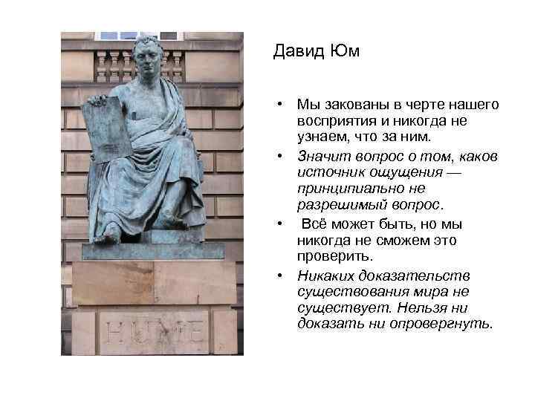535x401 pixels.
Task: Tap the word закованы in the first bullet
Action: click(x=342, y=106)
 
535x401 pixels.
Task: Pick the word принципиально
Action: click(x=341, y=189)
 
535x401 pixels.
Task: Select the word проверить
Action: click(x=326, y=256)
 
